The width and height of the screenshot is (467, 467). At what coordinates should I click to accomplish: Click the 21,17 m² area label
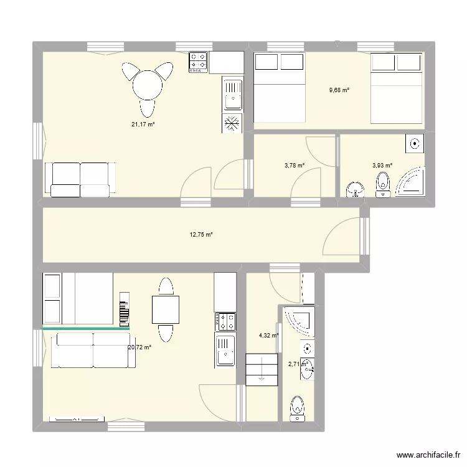pos(143,125)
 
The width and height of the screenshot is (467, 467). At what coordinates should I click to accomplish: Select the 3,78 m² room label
pos(295,166)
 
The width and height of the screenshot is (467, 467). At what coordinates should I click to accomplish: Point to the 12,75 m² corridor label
pos(201,235)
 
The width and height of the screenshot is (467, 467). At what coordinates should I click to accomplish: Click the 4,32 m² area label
pos(268,336)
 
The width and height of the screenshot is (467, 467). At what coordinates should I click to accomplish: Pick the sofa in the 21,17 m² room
pos(80,179)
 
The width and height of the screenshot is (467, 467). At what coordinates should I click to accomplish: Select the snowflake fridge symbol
pos(232,123)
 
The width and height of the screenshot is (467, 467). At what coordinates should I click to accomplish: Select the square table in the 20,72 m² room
pos(165,309)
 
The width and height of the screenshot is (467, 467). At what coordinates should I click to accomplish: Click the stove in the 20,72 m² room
pos(225,321)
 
